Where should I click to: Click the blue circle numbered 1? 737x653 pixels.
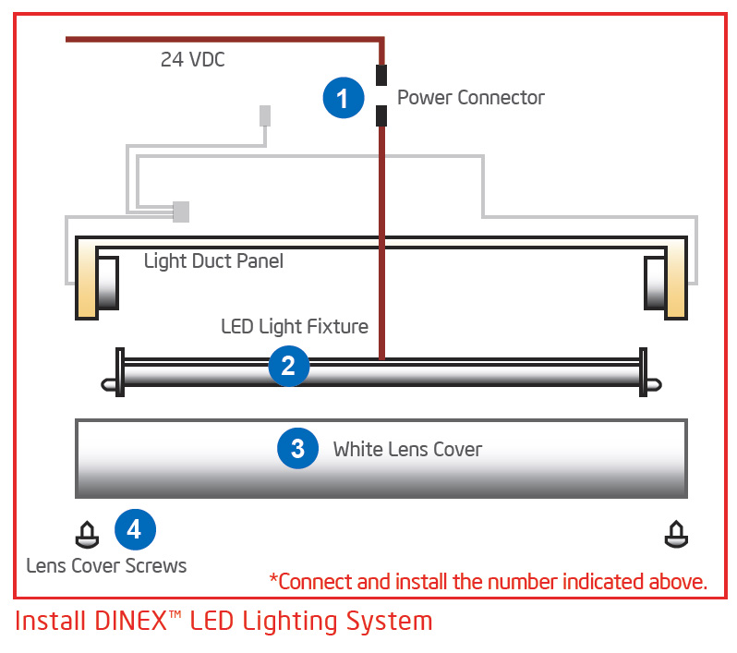[x=344, y=98]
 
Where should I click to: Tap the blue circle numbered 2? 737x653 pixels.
[x=289, y=366]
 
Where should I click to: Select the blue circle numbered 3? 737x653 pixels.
[x=298, y=448]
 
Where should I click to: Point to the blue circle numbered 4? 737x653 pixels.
[x=136, y=529]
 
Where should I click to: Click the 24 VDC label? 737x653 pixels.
[x=193, y=60]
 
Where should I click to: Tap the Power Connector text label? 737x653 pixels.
[x=471, y=98]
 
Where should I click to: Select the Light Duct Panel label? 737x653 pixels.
[x=213, y=260]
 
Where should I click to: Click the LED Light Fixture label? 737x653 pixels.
[x=295, y=326]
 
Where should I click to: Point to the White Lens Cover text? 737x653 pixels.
[x=407, y=450]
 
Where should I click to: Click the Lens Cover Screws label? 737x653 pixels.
[x=106, y=565]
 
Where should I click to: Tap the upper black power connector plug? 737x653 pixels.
[x=381, y=75]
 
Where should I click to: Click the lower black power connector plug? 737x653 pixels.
[x=381, y=116]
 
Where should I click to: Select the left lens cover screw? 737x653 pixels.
[x=88, y=535]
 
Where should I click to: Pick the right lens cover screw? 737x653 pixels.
[x=676, y=534]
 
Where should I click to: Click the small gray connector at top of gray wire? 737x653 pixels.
[x=265, y=115]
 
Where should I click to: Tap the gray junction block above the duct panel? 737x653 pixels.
[x=181, y=212]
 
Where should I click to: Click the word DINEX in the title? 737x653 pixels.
[x=131, y=621]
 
